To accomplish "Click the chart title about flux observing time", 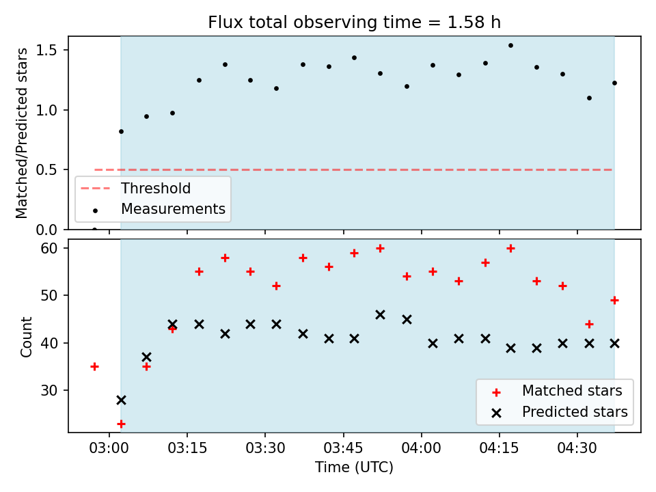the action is coord(355,22).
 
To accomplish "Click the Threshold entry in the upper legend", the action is coord(135,189).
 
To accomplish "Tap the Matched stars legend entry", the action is coord(557,391).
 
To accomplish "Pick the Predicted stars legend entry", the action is coord(560,412).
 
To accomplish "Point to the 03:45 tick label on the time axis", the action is coord(344,448).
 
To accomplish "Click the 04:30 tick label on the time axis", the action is coord(577,448).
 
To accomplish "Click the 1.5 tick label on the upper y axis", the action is coord(46,50).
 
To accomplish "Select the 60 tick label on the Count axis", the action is coord(49,249).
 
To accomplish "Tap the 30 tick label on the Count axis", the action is coord(49,390).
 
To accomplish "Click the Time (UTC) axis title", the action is coord(355,467).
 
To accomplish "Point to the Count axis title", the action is coord(26,337).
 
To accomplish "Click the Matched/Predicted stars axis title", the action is coord(21,133).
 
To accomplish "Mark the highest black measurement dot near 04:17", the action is coord(511,46).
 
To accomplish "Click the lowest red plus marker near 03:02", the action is coord(122,424).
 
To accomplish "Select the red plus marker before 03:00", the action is coord(94,367).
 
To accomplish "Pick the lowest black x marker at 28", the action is coord(122,400).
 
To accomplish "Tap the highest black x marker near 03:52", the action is coord(381,315).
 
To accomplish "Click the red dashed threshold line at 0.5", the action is coord(353,170).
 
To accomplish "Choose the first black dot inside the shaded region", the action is coord(122,131).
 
